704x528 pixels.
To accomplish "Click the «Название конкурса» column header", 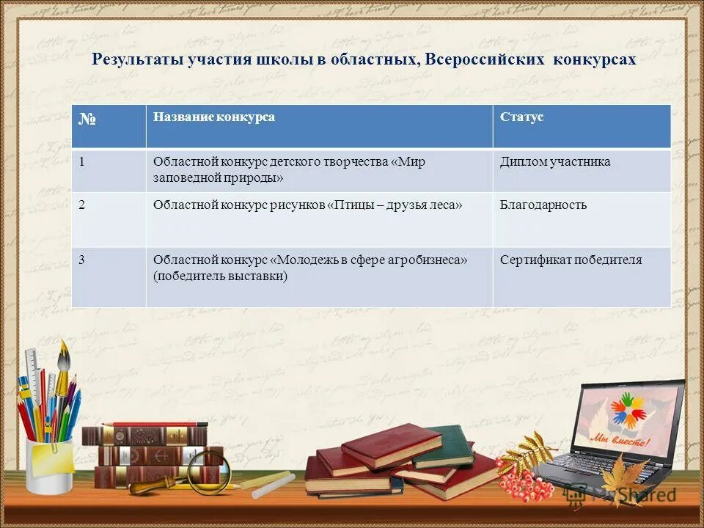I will (x=214, y=117).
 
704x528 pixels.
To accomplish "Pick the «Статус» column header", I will (x=521, y=117).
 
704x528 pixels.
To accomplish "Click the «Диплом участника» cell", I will (x=554, y=161).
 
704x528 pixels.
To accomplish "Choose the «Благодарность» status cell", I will (x=543, y=205).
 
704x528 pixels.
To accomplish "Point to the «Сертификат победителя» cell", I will (x=571, y=260).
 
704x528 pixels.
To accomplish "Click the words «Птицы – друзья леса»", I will (x=397, y=205).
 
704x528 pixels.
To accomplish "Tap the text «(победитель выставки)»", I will (x=220, y=276).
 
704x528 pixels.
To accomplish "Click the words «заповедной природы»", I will (x=218, y=177).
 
